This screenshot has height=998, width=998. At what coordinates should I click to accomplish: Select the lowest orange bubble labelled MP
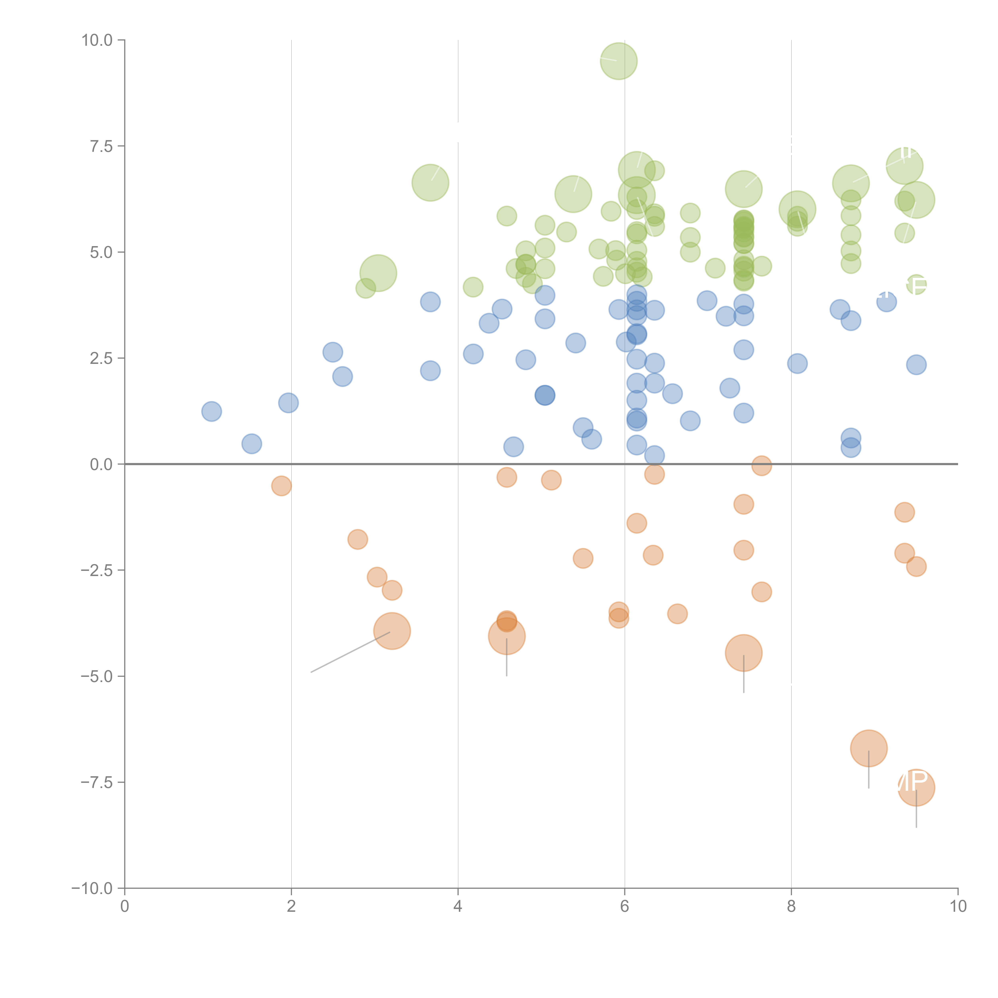click(x=916, y=787)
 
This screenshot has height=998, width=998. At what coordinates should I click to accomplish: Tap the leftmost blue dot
click(x=211, y=411)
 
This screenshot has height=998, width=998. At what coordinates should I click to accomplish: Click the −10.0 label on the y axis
click(x=92, y=888)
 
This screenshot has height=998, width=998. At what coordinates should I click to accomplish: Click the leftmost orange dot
click(x=281, y=486)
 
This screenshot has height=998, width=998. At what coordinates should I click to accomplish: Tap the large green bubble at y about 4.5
click(x=378, y=273)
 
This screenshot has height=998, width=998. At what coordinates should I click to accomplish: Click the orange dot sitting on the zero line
click(x=761, y=465)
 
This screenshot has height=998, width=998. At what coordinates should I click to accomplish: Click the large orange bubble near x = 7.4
click(x=743, y=653)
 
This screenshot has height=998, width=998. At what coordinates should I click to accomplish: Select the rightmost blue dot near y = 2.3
click(x=916, y=365)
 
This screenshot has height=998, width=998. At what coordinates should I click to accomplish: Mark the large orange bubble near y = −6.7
click(x=868, y=748)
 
